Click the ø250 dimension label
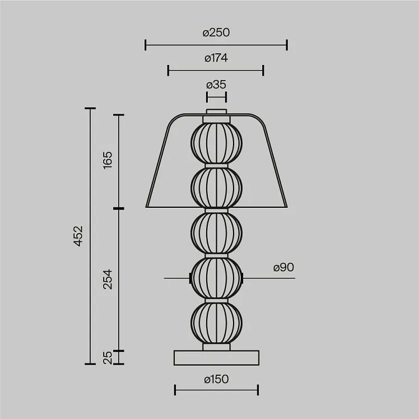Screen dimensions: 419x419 pyautogui.click(x=216, y=32)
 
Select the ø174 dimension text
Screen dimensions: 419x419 pyautogui.click(x=216, y=58)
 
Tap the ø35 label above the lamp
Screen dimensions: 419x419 pyautogui.click(x=216, y=85)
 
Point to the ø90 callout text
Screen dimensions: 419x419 pyautogui.click(x=283, y=267)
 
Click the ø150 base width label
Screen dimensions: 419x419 pyautogui.click(x=216, y=379)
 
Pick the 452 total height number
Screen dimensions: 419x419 pyautogui.click(x=78, y=236)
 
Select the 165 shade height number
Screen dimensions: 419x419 pyautogui.click(x=108, y=160)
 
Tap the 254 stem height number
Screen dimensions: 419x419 pyautogui.click(x=108, y=280)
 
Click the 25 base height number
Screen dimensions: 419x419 pyautogui.click(x=108, y=358)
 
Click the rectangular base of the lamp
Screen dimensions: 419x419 pyautogui.click(x=216, y=358)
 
